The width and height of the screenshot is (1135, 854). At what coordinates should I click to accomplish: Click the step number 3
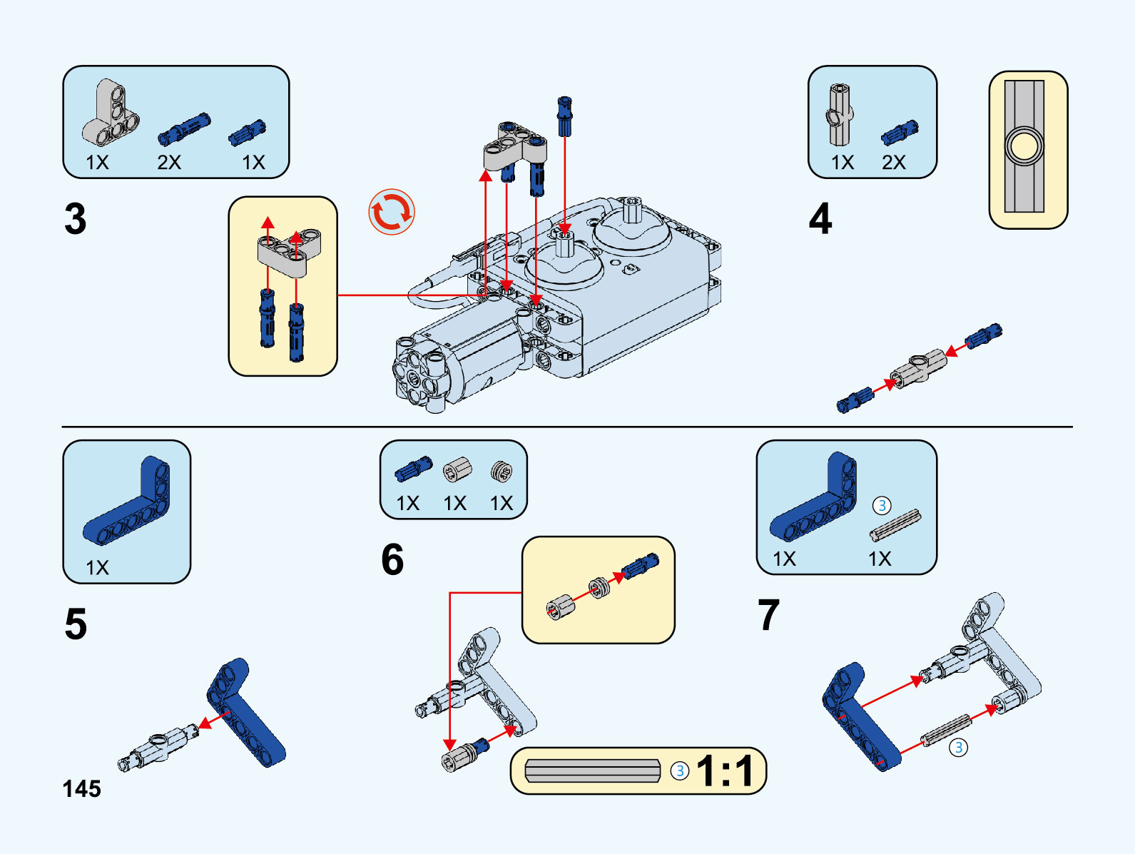pyautogui.click(x=75, y=218)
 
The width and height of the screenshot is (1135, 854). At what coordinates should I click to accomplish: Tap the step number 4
pyautogui.click(x=820, y=218)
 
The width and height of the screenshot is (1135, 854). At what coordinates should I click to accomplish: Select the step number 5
pyautogui.click(x=76, y=624)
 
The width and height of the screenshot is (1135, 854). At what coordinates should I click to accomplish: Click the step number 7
pyautogui.click(x=768, y=615)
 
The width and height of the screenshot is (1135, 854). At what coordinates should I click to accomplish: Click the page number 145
pyautogui.click(x=82, y=788)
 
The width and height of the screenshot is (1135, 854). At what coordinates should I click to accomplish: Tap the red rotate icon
pyautogui.click(x=392, y=212)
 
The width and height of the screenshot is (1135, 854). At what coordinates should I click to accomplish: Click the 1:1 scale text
pyautogui.click(x=725, y=771)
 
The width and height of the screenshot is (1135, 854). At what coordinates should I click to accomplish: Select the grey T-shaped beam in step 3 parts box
pyautogui.click(x=111, y=114)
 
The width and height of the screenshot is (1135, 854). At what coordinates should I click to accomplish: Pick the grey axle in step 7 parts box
pyautogui.click(x=895, y=526)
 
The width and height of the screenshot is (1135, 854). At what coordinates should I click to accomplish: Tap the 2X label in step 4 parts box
pyautogui.click(x=893, y=163)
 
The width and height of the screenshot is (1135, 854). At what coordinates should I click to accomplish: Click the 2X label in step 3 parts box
pyautogui.click(x=169, y=163)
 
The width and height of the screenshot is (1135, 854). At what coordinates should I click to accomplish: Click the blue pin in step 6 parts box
pyautogui.click(x=413, y=469)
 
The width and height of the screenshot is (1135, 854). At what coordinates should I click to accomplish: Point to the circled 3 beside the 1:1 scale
pyautogui.click(x=680, y=771)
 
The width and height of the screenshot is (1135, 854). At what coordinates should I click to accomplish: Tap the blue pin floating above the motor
pyautogui.click(x=565, y=116)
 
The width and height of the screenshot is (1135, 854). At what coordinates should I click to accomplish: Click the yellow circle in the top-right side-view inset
pyautogui.click(x=1024, y=146)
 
